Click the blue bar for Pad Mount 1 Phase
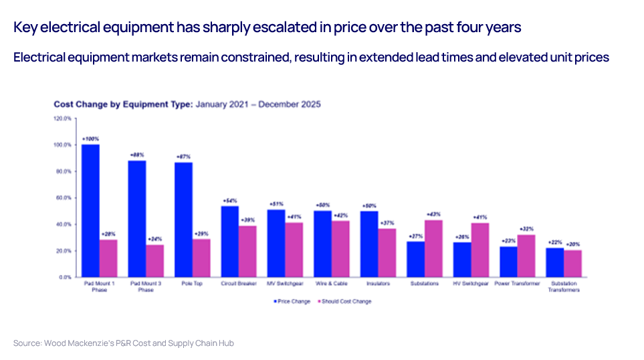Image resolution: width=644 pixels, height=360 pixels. click(90, 210)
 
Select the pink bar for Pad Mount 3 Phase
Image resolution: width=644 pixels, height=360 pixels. click(154, 260)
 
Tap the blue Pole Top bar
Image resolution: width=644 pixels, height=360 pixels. click(183, 219)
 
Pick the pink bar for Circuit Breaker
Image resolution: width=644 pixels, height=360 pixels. click(247, 251)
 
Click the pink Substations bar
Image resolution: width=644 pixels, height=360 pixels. click(433, 248)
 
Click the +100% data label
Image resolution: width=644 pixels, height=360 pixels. click(90, 139)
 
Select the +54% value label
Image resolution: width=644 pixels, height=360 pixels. click(229, 200)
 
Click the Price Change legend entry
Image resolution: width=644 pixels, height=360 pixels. click(292, 301)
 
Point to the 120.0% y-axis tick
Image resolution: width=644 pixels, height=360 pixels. click(62, 118)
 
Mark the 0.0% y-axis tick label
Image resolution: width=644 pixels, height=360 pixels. click(65, 276)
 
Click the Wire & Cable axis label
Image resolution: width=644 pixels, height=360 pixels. click(331, 284)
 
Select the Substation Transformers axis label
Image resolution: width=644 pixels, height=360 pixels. click(563, 286)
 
